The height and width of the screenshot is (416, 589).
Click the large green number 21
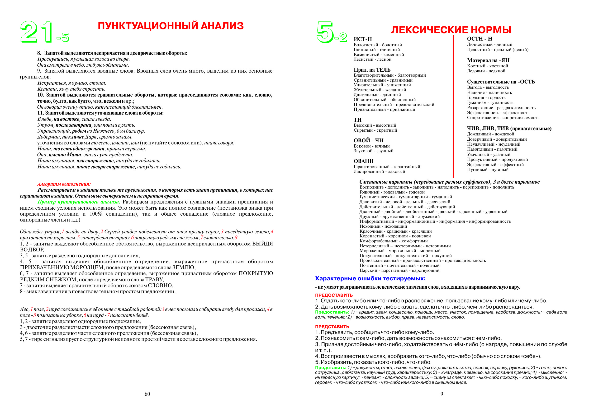pyautogui.click(x=36, y=32)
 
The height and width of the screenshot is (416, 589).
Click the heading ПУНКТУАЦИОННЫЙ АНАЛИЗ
pyautogui.click(x=171, y=26)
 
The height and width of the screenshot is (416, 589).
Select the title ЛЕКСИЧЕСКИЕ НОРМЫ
pyautogui.click(x=451, y=30)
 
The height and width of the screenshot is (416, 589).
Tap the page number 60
pyautogui.click(x=147, y=394)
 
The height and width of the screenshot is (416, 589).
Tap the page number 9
pyautogui.click(x=442, y=394)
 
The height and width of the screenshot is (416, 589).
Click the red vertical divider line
pyautogui.click(x=453, y=106)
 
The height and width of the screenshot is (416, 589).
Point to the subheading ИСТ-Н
pyautogui.click(x=363, y=39)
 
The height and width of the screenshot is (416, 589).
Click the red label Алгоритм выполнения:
pyautogui.click(x=64, y=184)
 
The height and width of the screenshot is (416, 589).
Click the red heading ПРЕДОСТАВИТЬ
pyautogui.click(x=334, y=295)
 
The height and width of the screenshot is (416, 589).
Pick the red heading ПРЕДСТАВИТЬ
pyautogui.click(x=332, y=327)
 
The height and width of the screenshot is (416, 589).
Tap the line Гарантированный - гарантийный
pyautogui.click(x=387, y=167)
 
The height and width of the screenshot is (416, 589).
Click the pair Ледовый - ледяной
pyautogui.click(x=486, y=71)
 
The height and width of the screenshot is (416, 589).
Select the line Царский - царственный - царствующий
pyautogui.click(x=399, y=270)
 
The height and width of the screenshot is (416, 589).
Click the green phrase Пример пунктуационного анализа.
pyautogui.click(x=79, y=202)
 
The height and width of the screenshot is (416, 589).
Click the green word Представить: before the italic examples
pyautogui.click(x=331, y=368)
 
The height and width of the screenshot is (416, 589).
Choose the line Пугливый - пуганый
pyautogui.click(x=488, y=170)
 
